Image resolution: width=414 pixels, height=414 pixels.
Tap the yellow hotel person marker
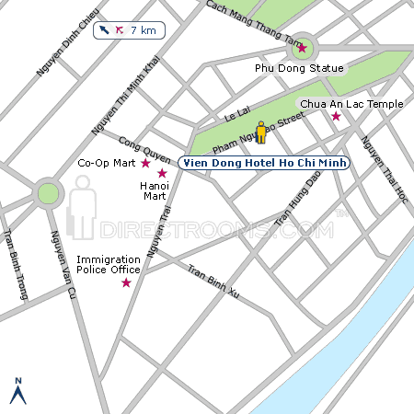point(261,132)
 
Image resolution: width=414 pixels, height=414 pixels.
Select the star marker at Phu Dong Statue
point(303,48)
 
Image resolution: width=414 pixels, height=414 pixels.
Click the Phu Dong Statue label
point(299,68)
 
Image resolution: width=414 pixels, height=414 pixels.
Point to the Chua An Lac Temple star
point(336,117)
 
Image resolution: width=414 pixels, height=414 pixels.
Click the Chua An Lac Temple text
point(351,104)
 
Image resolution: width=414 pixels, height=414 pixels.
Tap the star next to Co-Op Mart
point(144,163)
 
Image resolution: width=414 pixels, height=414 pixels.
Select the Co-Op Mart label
point(106,164)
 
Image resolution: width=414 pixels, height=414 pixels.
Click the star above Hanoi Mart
point(162,173)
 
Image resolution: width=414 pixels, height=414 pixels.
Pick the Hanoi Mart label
point(153,190)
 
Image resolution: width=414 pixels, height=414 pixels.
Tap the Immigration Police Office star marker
point(126,282)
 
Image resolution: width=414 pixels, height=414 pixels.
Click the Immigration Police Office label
point(108,265)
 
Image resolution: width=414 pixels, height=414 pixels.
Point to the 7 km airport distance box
point(129,30)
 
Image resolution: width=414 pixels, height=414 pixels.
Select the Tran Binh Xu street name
point(213,282)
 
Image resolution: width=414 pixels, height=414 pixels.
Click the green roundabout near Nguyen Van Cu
point(48,193)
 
